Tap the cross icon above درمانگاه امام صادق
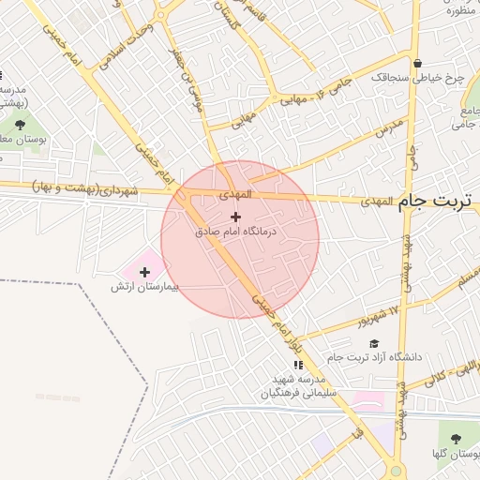coord(234,217)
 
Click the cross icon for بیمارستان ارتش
coord(143,271)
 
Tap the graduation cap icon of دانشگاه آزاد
coord(374,343)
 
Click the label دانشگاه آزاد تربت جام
coord(375,357)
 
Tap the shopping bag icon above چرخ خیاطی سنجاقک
coord(404,64)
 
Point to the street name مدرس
coord(389,126)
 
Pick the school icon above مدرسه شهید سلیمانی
coord(298,365)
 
